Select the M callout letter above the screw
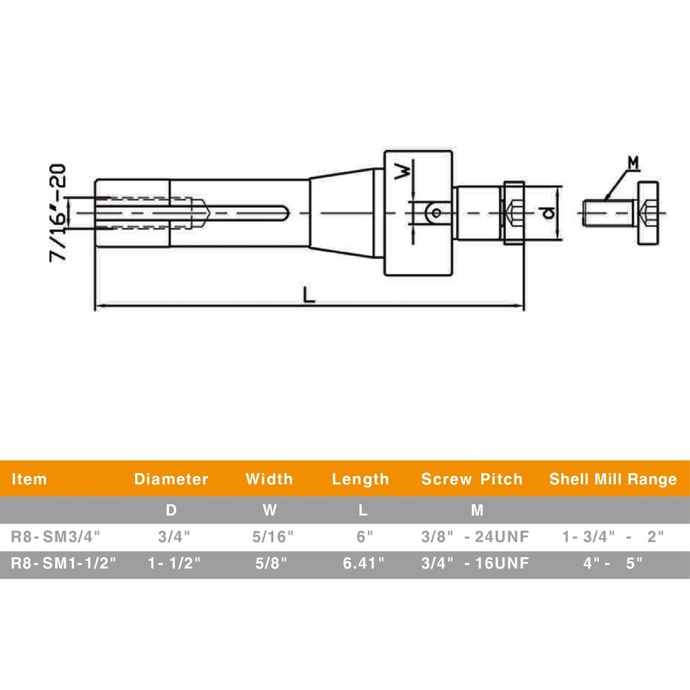click(x=633, y=163)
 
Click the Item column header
click(x=30, y=479)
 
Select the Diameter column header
click(x=171, y=479)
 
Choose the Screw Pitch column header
click(x=472, y=479)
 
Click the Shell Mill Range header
click(x=613, y=479)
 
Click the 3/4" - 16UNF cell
click(x=475, y=563)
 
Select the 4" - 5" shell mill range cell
click(x=613, y=563)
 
